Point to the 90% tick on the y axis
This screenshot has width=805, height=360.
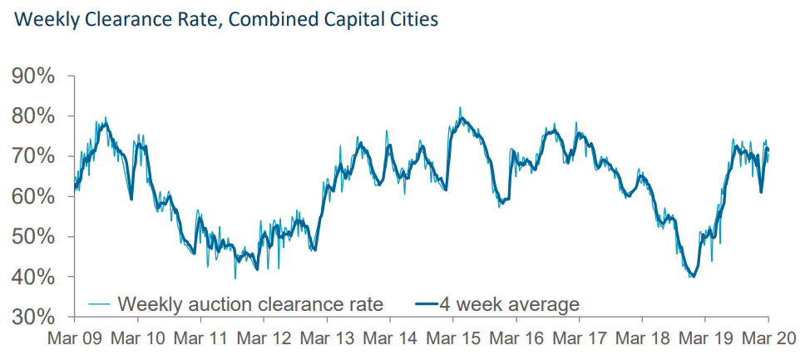tap(33, 76)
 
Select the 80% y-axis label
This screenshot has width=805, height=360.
tap(33, 116)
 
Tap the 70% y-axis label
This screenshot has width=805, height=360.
tap(33, 156)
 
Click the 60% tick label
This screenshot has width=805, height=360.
tap(33, 197)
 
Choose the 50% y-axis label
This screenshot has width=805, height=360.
tap(33, 237)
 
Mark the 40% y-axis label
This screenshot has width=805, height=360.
tap(33, 277)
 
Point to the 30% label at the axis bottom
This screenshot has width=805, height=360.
tap(33, 317)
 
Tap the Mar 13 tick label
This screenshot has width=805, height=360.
tap(326, 338)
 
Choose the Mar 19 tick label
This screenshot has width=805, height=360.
tap(704, 338)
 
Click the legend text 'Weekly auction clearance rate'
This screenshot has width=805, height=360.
tap(250, 304)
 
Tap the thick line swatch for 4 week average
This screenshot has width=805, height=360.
tap(427, 304)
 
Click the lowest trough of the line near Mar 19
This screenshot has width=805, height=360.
tap(692, 277)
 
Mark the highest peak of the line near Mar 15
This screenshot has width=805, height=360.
tap(461, 108)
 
